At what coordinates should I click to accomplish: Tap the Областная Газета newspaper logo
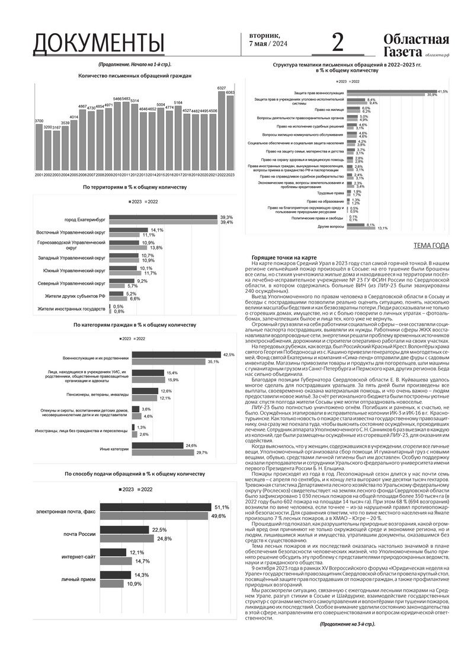(x=415, y=45)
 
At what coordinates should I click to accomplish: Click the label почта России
(x=79, y=535)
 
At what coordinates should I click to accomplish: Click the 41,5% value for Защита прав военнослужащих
(x=443, y=91)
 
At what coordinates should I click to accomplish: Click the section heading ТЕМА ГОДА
(x=431, y=246)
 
